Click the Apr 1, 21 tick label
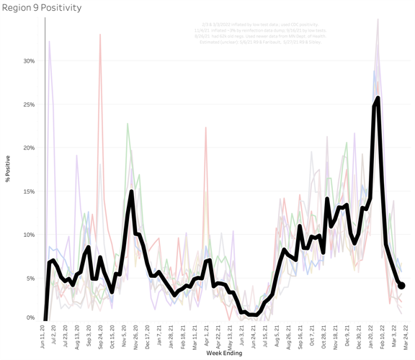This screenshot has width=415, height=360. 206,336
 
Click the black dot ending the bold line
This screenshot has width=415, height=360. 401,286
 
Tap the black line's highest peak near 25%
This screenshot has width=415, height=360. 378,98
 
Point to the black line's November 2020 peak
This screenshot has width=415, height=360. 131,192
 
